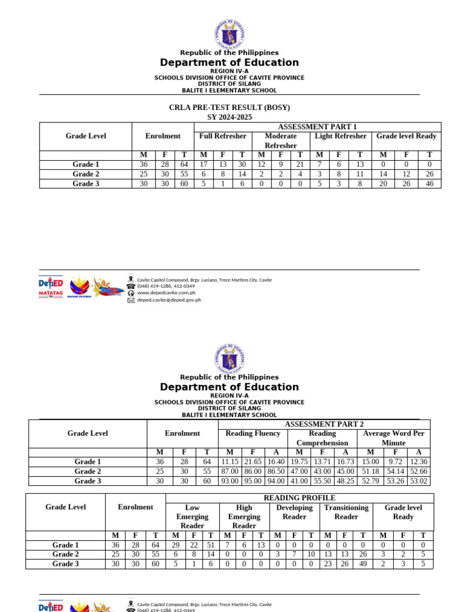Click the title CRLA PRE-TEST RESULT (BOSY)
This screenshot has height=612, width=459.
pyautogui.click(x=229, y=108)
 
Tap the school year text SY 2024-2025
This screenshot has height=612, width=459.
pyautogui.click(x=229, y=117)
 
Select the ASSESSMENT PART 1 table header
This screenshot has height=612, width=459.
pyautogui.click(x=317, y=127)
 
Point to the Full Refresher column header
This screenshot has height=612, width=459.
pyautogui.click(x=222, y=136)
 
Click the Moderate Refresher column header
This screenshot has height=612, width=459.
pyautogui.click(x=280, y=140)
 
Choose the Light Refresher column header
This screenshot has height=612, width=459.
pyautogui.click(x=341, y=136)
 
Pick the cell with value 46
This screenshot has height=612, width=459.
pyautogui.click(x=429, y=184)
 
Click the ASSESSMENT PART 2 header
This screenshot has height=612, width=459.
pyautogui.click(x=324, y=424)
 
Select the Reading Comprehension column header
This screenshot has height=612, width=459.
pyautogui.click(x=322, y=438)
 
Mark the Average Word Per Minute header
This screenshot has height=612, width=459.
pyautogui.click(x=393, y=438)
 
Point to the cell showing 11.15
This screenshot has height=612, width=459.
pyautogui.click(x=229, y=462)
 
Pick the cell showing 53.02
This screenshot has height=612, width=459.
pyautogui.click(x=418, y=481)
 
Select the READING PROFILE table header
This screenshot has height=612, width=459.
pyautogui.click(x=299, y=498)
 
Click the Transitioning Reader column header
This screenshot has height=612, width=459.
pyautogui.click(x=346, y=512)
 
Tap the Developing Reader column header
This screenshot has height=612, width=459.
pyautogui.click(x=294, y=512)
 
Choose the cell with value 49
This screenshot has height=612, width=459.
pyautogui.click(x=363, y=564)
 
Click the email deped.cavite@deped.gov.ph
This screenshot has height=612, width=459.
pyautogui.click(x=169, y=300)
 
